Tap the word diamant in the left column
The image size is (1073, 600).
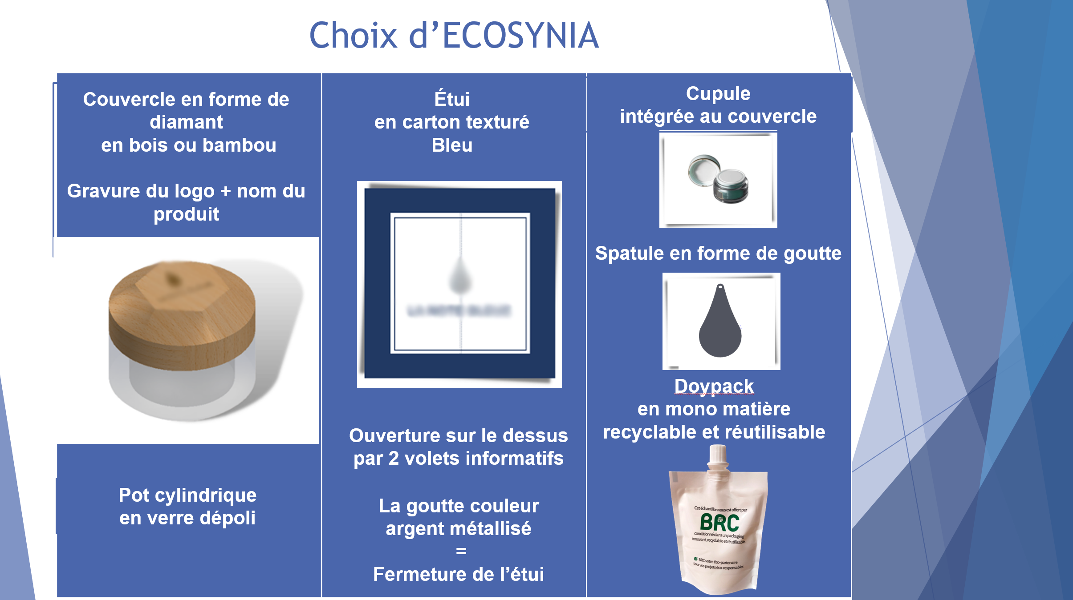(186, 122)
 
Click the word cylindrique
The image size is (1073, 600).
(205, 495)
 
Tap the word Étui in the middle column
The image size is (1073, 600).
(452, 99)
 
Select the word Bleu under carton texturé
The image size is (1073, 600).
(452, 145)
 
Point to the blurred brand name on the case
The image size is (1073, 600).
(459, 310)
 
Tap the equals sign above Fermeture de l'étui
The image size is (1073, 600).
(461, 552)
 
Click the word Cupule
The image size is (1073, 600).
(718, 94)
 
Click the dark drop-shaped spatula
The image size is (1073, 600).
(720, 329)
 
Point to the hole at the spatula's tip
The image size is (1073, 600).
(720, 287)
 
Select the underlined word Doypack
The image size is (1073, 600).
(714, 386)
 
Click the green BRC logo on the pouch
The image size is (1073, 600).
(719, 523)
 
